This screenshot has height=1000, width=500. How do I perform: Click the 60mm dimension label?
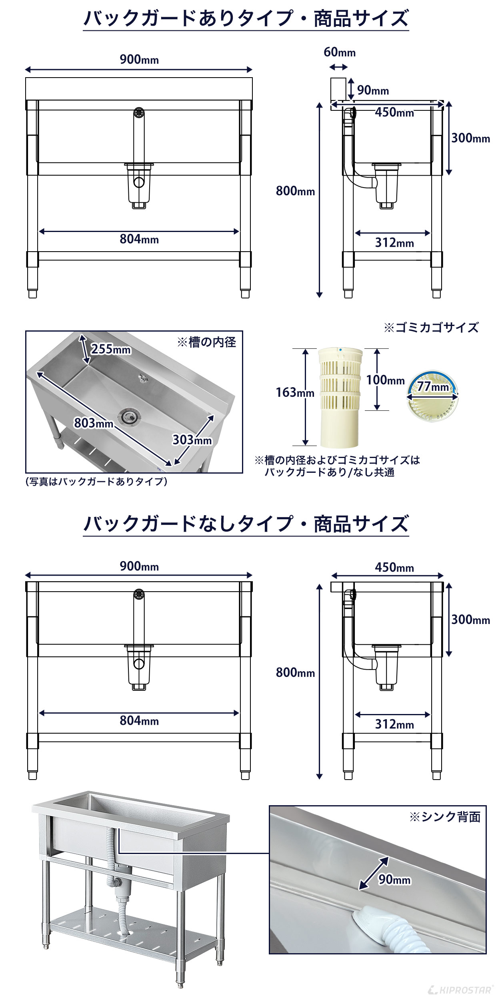339,52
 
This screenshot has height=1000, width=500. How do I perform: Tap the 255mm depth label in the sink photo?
111,349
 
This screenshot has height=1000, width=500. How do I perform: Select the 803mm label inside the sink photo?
94,423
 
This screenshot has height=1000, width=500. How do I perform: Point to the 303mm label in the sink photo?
192,440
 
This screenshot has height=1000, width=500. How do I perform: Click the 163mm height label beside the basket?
295,392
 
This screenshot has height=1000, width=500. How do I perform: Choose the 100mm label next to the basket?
385,380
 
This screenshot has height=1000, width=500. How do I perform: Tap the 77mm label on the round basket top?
433,387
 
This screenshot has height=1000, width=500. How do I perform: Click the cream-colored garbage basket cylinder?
340,400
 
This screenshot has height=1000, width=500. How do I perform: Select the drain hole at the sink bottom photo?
129,416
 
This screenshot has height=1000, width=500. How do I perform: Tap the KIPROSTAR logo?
460,990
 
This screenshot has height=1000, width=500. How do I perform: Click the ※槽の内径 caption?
206,342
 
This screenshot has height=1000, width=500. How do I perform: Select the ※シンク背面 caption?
445,817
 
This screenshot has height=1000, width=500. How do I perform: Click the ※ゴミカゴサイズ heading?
431,328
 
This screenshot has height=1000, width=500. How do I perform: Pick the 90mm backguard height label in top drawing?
373,90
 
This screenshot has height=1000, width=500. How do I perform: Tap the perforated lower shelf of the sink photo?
132,936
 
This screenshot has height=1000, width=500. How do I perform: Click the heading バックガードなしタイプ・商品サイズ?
246,524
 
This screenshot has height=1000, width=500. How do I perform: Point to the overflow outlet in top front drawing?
139,112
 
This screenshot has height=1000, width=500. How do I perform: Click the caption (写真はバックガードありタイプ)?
96,481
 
